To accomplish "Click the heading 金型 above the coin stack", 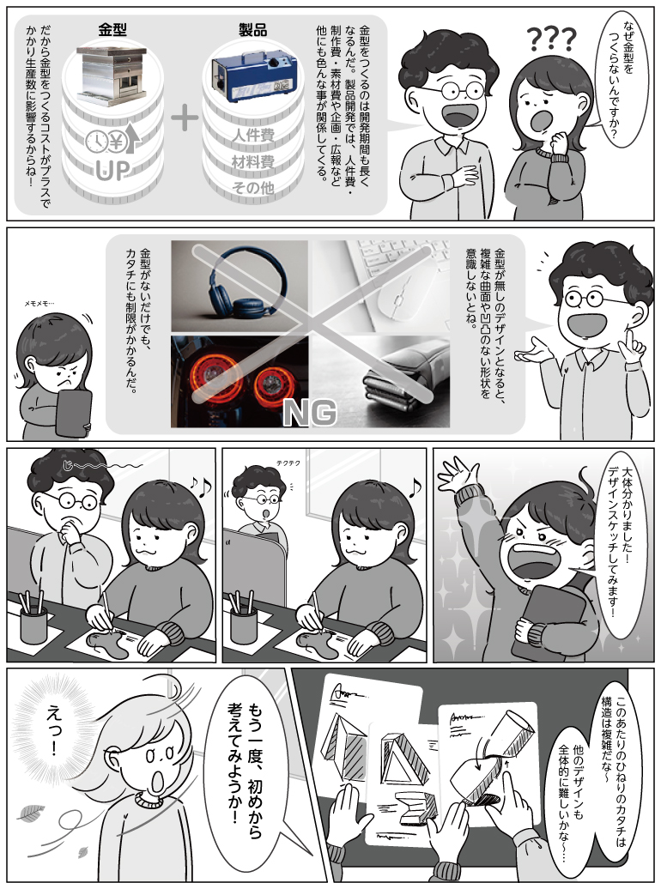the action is [112, 30].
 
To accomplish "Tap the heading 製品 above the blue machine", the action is [252, 30].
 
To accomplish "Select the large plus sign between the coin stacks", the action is [185, 118].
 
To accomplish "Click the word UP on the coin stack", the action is [112, 171].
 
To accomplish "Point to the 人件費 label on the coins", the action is [253, 136].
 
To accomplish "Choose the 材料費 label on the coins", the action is [253, 162].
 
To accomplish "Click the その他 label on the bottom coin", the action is [253, 188].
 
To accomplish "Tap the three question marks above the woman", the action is [552, 40].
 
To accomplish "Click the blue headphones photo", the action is [240, 286].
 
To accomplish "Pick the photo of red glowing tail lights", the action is [240, 381].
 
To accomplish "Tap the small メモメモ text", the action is [39, 303].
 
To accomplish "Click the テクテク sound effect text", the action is [288, 463].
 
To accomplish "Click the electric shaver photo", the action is [381, 381].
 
